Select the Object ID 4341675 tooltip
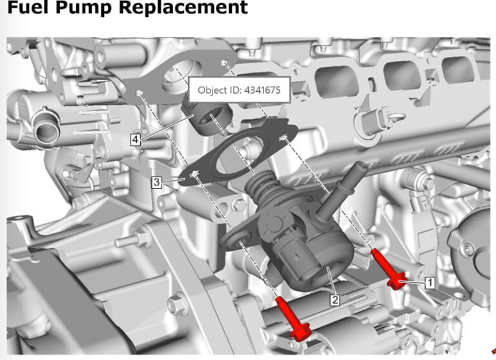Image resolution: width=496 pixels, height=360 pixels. click(239, 90)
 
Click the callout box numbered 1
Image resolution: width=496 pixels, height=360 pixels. click(430, 282)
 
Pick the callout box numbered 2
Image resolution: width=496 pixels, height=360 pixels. click(335, 300)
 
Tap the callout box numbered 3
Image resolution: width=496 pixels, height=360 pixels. click(156, 183)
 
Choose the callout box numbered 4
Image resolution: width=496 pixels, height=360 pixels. click(134, 139)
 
